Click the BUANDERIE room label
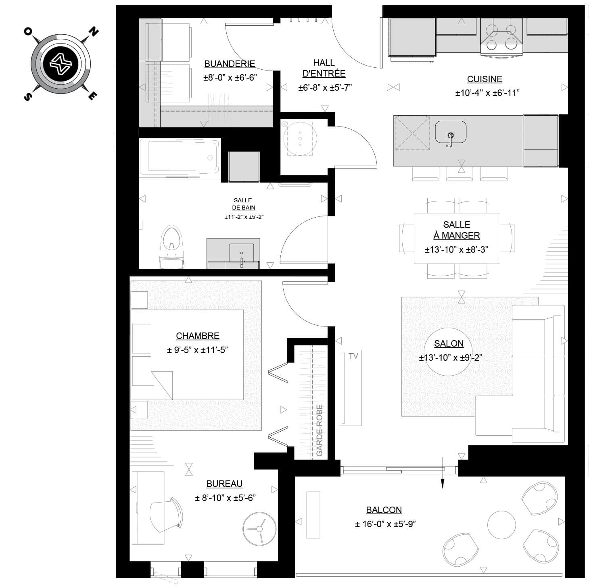pos(230,64)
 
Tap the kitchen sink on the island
pos(451,132)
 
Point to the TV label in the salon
pos(353,356)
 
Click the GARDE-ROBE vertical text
pos(320,430)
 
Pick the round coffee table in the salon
pos(448,351)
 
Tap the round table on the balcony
pos(501,525)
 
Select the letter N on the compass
pos(93,32)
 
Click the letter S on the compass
pos(28,97)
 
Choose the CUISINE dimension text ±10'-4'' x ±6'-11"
pos(487,93)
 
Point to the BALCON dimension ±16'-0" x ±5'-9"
pos(385,524)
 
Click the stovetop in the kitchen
pos(501,37)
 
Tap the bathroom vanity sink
pos(242,253)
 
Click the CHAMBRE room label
pos(197,336)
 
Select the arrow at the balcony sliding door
pos(443,473)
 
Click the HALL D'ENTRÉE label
pos(324,68)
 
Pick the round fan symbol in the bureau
pos(259,529)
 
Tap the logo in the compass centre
pos(61,64)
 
